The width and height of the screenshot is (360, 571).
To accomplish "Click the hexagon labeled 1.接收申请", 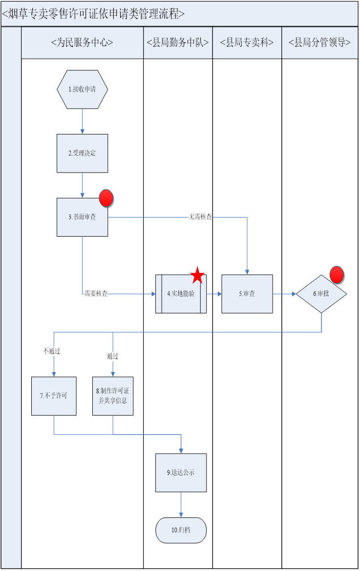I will [82, 89].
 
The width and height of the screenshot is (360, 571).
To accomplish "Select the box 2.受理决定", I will [82, 153].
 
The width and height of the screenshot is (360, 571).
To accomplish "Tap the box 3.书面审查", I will [82, 217].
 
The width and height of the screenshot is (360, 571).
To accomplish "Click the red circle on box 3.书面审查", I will [106, 198].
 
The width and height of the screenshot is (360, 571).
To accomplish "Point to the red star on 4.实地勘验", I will [197, 276].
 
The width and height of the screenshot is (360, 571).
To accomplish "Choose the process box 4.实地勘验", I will [181, 294].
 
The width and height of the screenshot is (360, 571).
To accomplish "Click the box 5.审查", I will [247, 294].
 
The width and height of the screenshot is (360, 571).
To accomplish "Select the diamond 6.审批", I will [321, 294].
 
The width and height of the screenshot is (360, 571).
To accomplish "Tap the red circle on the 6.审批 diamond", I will [337, 275].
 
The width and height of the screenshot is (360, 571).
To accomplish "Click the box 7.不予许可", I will [54, 396].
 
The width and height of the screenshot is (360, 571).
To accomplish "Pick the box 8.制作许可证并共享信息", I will [113, 396].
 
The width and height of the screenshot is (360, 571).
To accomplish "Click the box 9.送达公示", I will [181, 473].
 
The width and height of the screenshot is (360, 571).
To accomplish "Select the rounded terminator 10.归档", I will [181, 530].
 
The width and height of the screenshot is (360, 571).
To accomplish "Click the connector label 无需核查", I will [200, 217].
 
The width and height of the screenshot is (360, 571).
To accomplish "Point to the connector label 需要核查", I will [96, 294].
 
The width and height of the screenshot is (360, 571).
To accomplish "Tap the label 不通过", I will [52, 351].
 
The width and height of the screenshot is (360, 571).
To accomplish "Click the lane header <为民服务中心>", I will [82, 43].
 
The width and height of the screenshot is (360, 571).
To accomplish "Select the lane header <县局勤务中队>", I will [178, 43].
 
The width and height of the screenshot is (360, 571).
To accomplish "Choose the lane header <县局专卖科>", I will [247, 43].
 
